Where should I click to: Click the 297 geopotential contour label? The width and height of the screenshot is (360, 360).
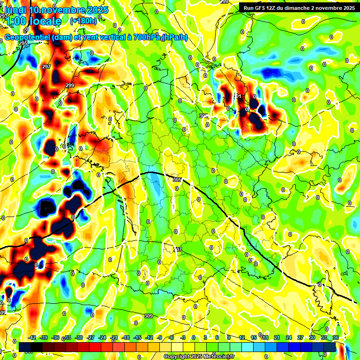click(x=46, y=67)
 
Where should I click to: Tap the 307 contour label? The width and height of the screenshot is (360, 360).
click(x=177, y=249)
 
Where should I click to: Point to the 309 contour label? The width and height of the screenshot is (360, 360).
click(x=149, y=315)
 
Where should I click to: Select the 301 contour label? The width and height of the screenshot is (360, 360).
click(x=238, y=96)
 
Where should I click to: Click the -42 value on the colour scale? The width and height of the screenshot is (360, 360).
click(x=32, y=337)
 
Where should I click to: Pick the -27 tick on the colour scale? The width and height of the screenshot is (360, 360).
click(x=90, y=337)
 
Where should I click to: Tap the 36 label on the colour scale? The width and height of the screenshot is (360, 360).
click(x=336, y=337)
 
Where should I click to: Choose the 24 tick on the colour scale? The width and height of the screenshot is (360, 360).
click(x=288, y=337)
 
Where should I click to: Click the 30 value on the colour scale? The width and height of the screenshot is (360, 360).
click(x=312, y=337)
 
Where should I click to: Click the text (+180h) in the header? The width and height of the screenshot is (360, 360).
click(x=83, y=21)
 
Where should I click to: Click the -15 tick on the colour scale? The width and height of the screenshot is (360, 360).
click(x=137, y=337)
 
